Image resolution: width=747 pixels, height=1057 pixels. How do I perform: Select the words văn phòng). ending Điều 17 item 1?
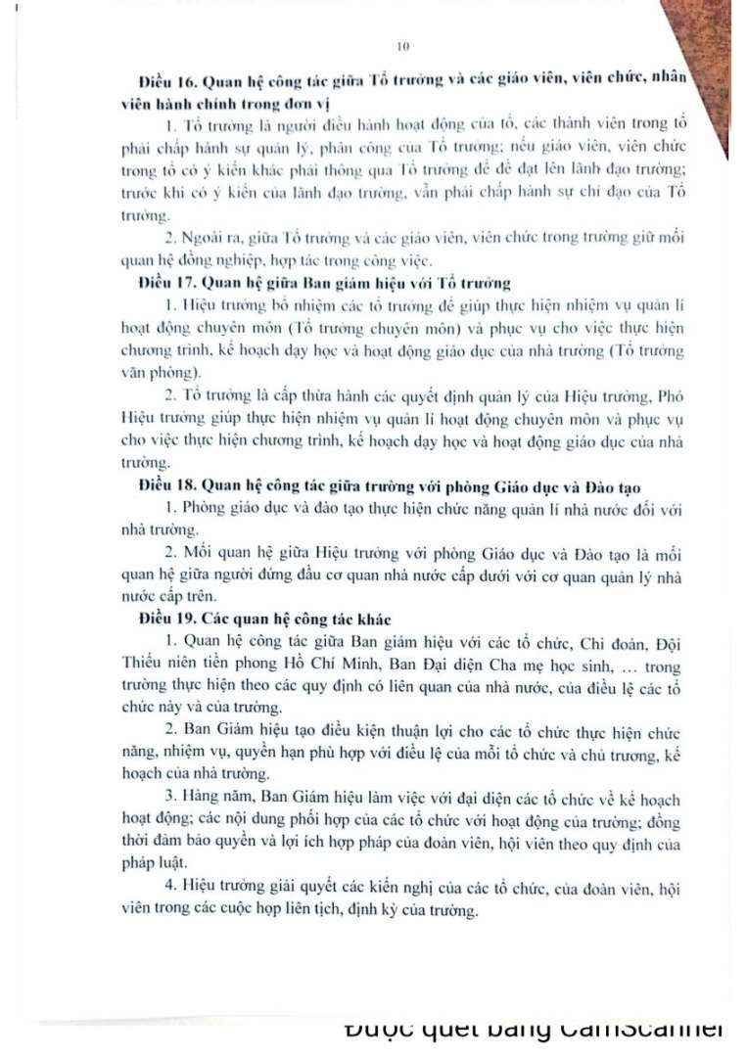150,372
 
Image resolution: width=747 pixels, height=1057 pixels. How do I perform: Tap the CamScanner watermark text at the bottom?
534,1029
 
